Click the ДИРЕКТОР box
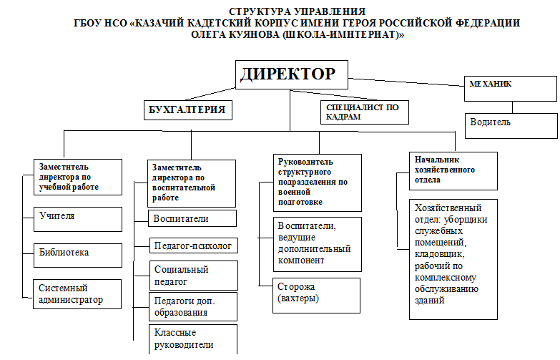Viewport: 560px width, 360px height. point(291,74)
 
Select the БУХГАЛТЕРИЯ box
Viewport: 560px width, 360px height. point(188,110)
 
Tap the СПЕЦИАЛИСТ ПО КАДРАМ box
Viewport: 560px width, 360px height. point(365,112)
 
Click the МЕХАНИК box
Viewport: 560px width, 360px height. point(511,89)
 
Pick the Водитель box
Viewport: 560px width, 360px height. point(511,126)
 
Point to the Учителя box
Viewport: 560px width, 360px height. point(78,219)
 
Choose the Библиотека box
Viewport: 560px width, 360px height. point(78,256)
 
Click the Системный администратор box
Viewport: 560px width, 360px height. point(77,294)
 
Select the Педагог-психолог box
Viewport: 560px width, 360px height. point(194,245)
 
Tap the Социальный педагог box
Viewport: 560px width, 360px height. point(194,276)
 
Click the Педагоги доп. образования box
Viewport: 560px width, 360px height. point(193,307)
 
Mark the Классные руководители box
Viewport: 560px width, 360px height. point(193,339)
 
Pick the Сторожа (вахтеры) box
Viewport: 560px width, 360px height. point(316,296)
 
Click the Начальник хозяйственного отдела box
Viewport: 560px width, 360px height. point(453,171)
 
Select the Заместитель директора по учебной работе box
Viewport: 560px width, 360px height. point(78,177)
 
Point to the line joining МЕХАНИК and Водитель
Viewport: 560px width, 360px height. point(513,107)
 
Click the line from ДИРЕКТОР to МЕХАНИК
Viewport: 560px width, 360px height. point(406,82)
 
